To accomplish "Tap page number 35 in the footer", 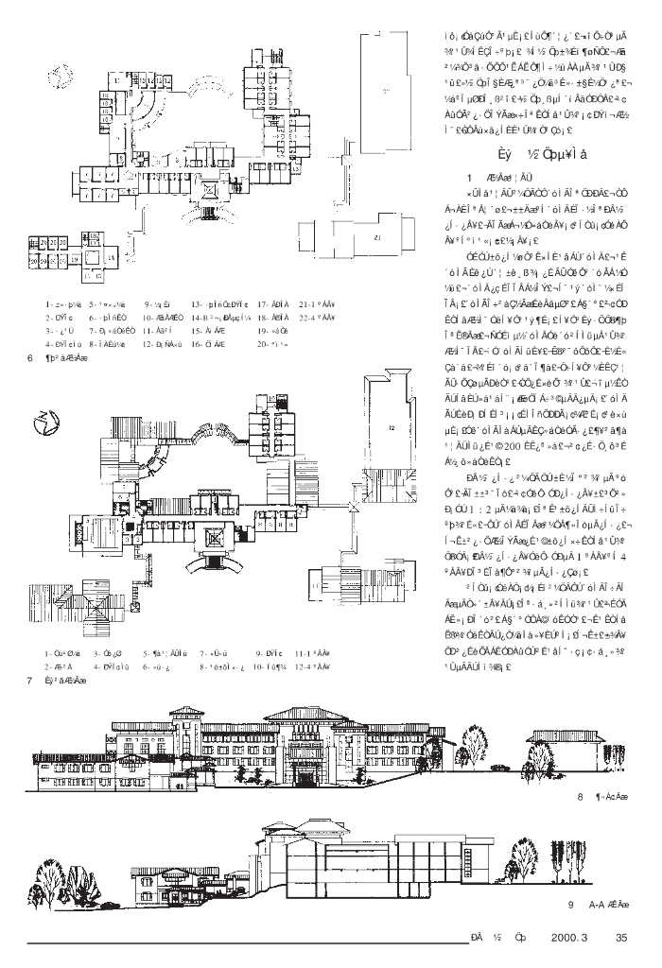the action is coord(620,938).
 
